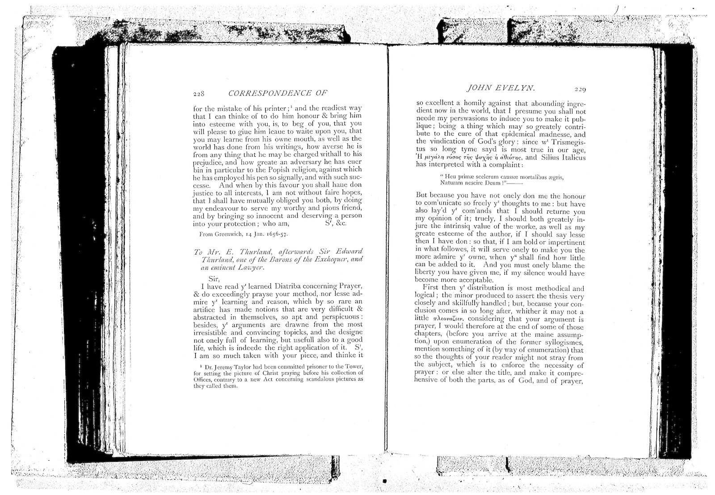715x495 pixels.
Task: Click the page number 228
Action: tap(198, 94)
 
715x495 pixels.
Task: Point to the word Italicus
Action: tap(568, 157)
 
